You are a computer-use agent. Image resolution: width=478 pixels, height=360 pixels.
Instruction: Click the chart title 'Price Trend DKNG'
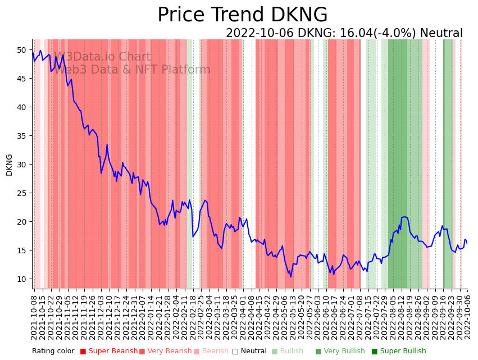point(242,15)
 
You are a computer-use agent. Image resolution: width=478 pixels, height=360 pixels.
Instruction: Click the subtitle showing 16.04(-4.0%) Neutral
point(344,33)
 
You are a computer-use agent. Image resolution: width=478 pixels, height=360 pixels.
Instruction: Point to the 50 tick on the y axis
point(21,50)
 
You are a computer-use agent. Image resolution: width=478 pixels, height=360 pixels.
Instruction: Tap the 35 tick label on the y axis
point(21,136)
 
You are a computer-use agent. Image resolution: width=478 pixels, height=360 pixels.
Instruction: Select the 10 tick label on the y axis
point(21,279)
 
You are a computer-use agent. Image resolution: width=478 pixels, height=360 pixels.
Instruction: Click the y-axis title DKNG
point(9,165)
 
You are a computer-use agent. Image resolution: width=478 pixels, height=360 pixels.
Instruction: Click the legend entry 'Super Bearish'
point(108,351)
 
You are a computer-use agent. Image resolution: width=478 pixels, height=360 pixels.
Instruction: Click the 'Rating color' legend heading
point(53,351)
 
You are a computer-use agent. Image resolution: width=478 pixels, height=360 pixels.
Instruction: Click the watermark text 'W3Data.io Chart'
point(102,57)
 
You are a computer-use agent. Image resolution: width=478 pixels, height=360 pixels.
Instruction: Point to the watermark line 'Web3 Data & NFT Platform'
point(131,70)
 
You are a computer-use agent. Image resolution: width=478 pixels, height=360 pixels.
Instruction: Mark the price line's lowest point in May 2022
point(291,276)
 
